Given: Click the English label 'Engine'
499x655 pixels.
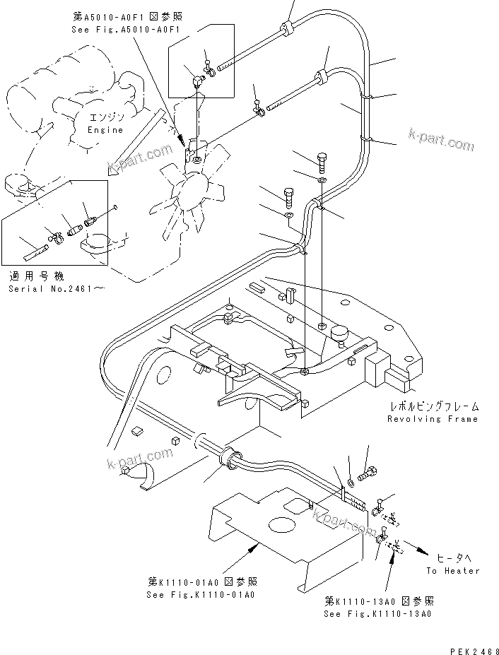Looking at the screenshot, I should [x=105, y=130].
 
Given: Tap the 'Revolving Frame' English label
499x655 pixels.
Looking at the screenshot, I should [x=432, y=419].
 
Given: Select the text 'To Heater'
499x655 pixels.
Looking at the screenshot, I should [x=452, y=570].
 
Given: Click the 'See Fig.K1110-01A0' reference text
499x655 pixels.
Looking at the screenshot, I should [x=201, y=594].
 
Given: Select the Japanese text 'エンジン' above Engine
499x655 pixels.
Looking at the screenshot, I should [x=105, y=117].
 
